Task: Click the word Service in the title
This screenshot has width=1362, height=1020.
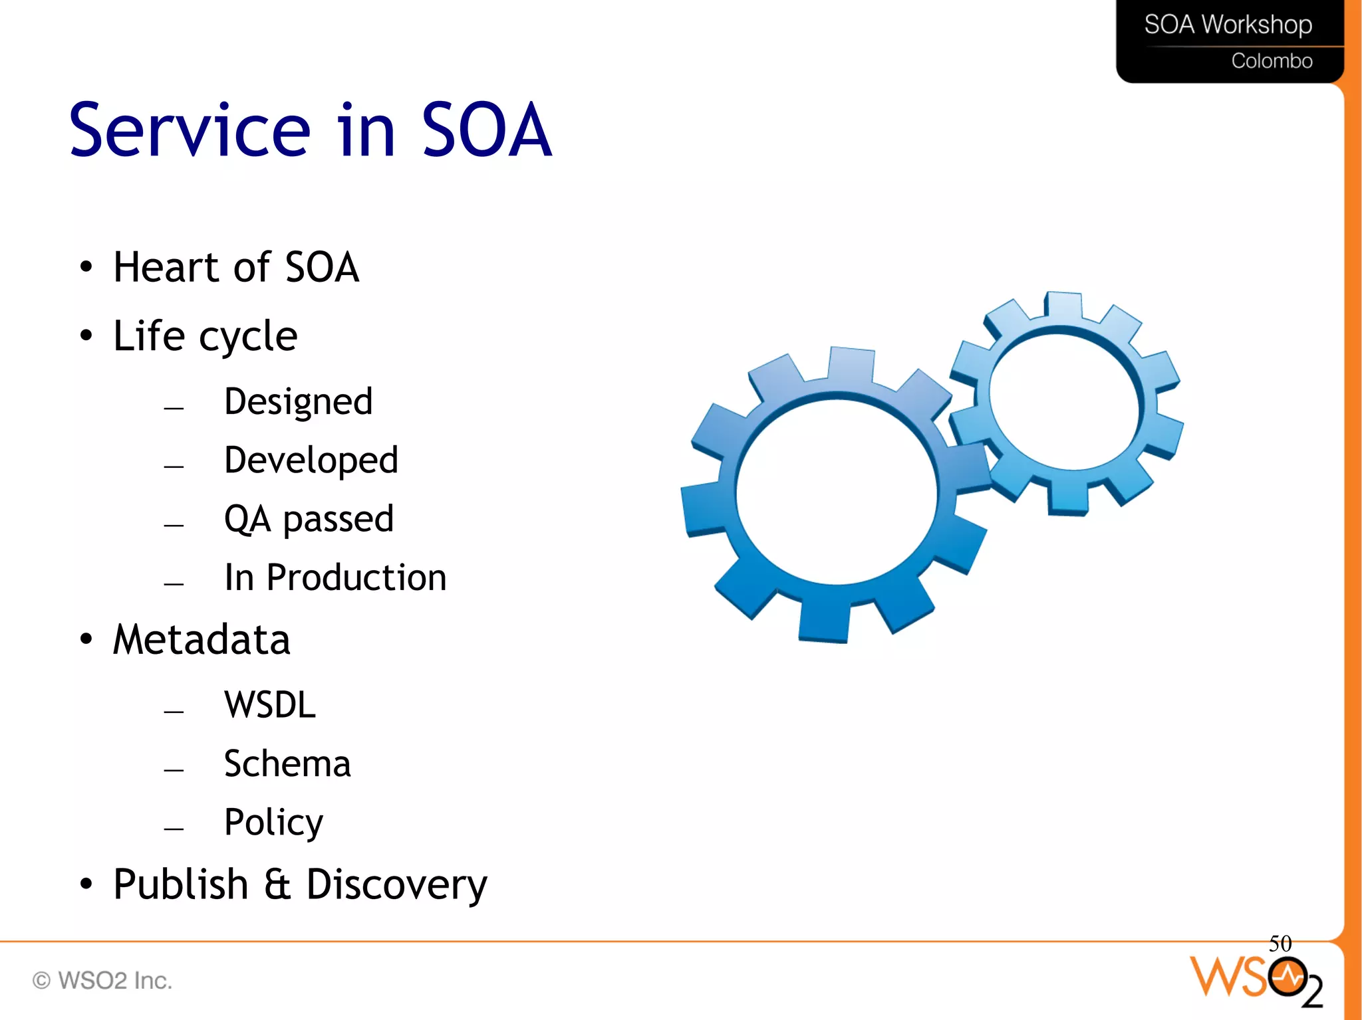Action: coord(190,130)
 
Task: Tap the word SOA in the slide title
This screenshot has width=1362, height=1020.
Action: coord(486,130)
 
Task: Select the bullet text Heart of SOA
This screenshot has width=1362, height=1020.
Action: coord(236,267)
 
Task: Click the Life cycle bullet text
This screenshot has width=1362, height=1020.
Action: coord(205,336)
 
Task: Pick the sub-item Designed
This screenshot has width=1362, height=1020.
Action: coord(298,402)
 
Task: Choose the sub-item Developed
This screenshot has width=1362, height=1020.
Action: coord(311,460)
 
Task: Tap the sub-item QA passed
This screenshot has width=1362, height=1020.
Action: coord(309,519)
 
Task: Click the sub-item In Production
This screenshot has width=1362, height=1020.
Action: coord(335,577)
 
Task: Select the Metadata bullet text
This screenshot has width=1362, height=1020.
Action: coord(202,640)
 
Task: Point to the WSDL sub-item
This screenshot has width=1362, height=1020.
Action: coord(269,705)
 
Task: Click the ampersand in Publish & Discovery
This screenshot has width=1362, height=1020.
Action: coord(277,884)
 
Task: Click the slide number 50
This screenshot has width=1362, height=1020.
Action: coord(1280,944)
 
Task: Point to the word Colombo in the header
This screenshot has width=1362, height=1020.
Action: coord(1271,61)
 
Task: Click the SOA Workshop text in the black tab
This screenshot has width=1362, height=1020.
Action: coord(1228,25)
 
